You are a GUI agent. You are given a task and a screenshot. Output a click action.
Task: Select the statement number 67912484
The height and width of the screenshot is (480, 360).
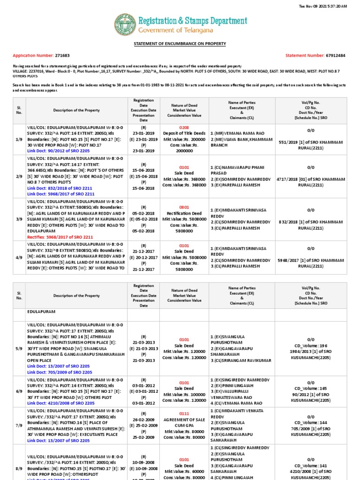point(335,55)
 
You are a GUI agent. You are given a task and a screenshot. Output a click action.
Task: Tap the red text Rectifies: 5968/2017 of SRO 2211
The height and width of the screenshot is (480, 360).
point(61,237)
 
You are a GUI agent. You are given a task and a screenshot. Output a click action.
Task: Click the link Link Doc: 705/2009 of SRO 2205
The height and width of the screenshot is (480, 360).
point(59,372)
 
